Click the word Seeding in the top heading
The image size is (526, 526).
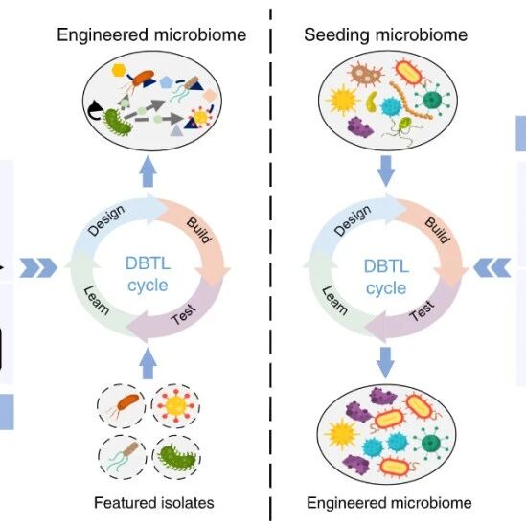[x=336, y=35]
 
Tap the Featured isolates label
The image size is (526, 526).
[x=154, y=503]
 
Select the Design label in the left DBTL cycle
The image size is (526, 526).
[x=106, y=220]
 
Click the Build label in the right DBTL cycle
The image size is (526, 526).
[x=437, y=230]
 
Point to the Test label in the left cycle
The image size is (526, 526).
[x=184, y=314]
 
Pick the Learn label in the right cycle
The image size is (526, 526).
[x=334, y=300]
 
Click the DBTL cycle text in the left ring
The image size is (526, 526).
[x=148, y=274]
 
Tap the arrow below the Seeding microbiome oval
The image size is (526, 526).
[x=386, y=171]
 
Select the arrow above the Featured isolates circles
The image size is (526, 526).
[x=148, y=364]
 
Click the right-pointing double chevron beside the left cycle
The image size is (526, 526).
[x=38, y=267]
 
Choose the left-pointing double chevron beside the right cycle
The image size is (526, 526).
[x=492, y=267]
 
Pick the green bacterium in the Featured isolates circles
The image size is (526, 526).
[x=177, y=458]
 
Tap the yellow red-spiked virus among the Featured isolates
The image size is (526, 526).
[x=175, y=406]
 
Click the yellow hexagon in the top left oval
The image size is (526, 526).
[x=119, y=71]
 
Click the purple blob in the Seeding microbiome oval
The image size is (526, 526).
[x=360, y=126]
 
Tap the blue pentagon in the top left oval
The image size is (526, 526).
[x=166, y=82]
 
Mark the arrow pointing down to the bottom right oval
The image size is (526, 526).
[x=385, y=362]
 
